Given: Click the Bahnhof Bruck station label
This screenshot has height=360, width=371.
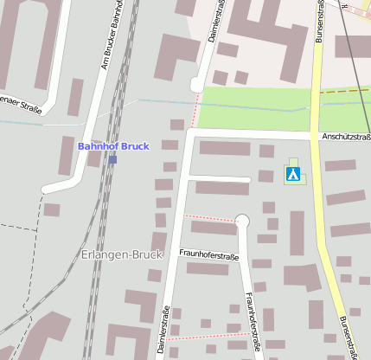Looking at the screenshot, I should pos(113,146).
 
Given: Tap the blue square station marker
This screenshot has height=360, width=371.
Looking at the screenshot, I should pos(113,159).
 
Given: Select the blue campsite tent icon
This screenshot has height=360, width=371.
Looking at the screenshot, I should pos(293,175).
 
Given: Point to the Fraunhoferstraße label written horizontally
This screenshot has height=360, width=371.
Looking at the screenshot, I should pos(208,255).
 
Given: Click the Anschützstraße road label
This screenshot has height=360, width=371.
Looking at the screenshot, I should pos(345,137).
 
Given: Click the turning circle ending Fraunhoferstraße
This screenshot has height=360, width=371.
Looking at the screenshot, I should pos(242,222).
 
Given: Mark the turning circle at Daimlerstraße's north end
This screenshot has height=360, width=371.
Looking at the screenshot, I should pos(197,84).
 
